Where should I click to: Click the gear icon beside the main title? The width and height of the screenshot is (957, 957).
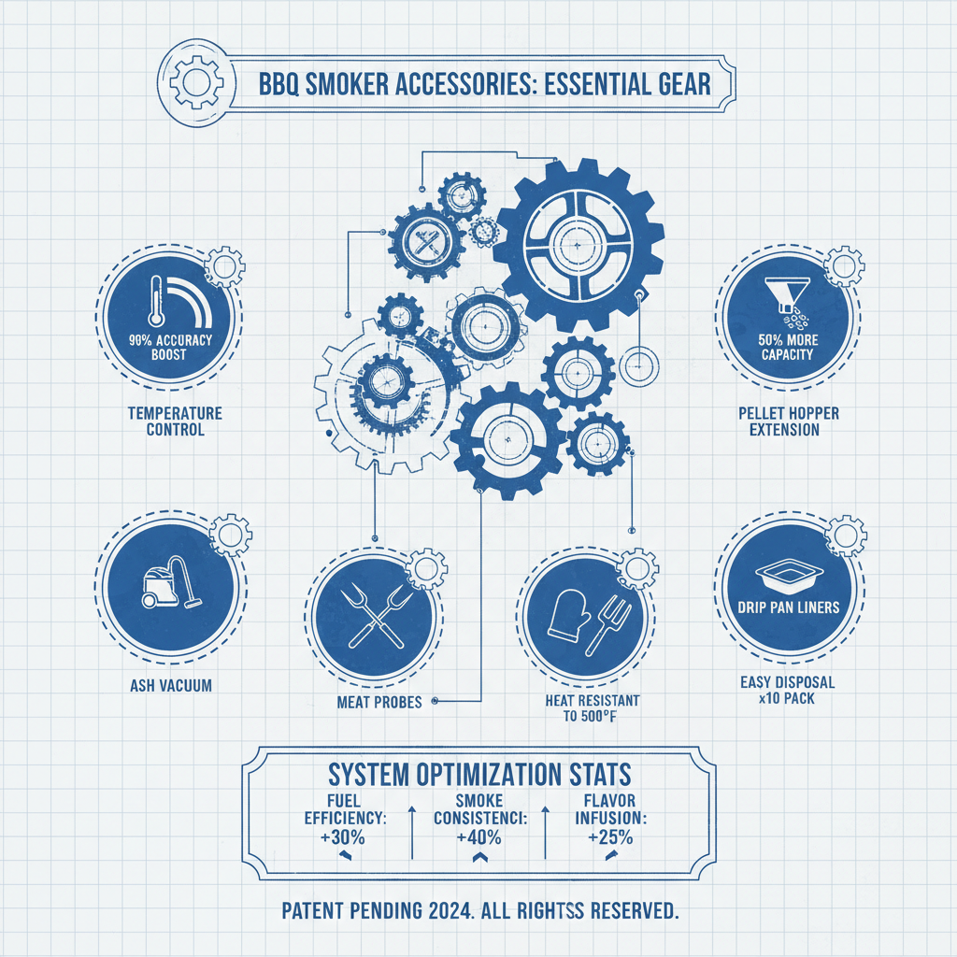coord(195,82)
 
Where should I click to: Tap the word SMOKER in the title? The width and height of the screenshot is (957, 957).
coord(346,84)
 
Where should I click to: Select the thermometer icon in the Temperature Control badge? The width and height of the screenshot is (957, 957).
coord(156,301)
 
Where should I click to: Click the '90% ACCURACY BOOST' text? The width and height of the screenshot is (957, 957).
coord(170,348)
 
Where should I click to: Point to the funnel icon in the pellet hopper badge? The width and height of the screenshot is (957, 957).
coord(787,293)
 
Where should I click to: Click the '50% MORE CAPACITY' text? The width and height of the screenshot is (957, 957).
coord(788,348)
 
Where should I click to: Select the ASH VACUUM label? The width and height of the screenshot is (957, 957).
coord(171,685)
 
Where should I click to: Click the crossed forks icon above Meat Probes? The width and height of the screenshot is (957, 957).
coord(375,615)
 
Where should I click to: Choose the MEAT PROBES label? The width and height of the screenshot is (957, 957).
coord(379,703)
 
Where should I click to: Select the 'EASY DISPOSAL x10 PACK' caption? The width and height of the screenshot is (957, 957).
coord(787,691)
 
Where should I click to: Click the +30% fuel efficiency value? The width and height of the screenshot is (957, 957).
coord(342,836)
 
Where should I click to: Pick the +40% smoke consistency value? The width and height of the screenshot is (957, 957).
coord(479,836)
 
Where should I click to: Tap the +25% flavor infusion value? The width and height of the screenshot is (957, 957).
coord(610,836)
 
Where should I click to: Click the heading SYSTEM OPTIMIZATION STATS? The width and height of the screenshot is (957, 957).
coord(479,775)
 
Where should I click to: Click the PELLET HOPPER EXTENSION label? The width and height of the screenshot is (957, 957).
coord(788,421)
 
